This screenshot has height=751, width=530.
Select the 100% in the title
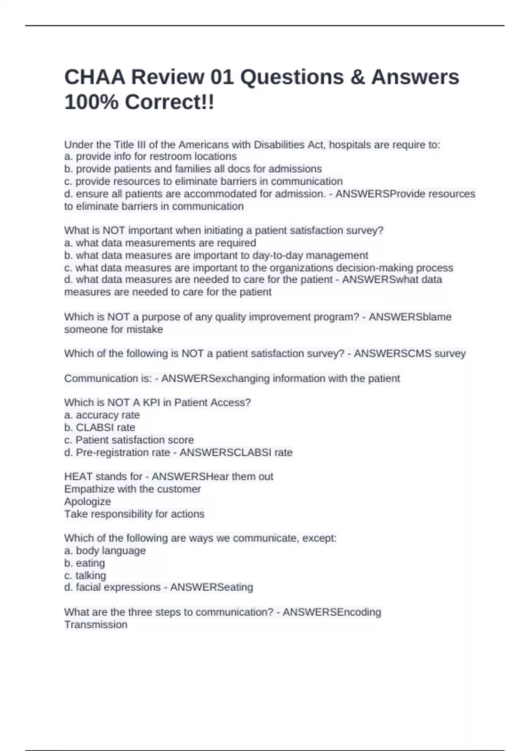pyautogui.click(x=91, y=102)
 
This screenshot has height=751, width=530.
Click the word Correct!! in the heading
pyautogui.click(x=170, y=102)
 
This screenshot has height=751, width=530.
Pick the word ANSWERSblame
pyautogui.click(x=410, y=317)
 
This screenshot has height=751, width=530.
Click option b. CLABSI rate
pyautogui.click(x=100, y=427)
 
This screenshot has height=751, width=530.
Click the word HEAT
pyautogui.click(x=78, y=477)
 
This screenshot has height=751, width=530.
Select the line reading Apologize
pyautogui.click(x=87, y=501)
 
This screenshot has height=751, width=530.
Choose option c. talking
pyautogui.click(x=85, y=575)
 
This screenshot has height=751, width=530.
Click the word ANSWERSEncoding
pyautogui.click(x=332, y=612)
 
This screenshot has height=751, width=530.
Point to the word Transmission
pyautogui.click(x=96, y=625)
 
